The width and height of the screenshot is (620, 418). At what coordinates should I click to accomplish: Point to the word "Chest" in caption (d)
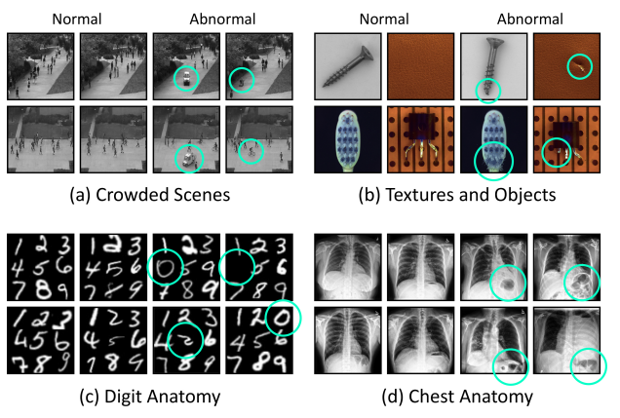pyautogui.click(x=441, y=397)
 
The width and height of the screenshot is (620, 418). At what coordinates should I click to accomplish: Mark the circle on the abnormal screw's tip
pyautogui.click(x=487, y=90)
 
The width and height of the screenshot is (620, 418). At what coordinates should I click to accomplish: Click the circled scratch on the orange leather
pyautogui.click(x=579, y=67)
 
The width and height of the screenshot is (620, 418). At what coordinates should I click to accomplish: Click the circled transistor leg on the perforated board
pyautogui.click(x=557, y=151)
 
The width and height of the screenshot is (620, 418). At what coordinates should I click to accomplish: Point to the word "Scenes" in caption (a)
pyautogui.click(x=202, y=195)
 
